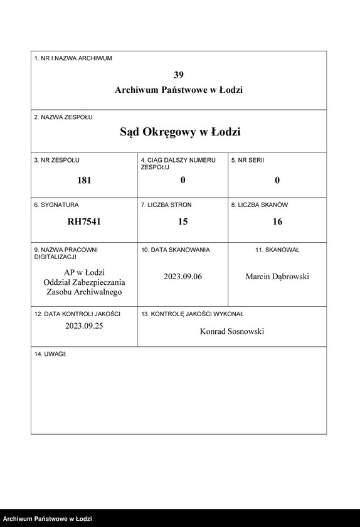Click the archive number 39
(179, 74)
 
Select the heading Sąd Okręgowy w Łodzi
(180, 132)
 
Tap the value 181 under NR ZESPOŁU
(84, 180)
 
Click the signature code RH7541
(84, 221)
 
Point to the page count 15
(183, 221)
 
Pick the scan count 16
(277, 221)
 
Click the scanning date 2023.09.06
(183, 277)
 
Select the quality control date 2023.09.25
(84, 326)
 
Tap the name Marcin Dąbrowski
(277, 277)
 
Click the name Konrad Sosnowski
(231, 331)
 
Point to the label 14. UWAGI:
(50, 354)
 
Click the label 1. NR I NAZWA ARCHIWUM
(73, 58)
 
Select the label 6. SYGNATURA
(56, 205)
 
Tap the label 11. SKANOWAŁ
(277, 250)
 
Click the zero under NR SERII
(277, 180)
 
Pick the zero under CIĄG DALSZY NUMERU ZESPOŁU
(183, 180)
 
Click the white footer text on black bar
(48, 519)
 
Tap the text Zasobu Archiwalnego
(84, 292)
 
